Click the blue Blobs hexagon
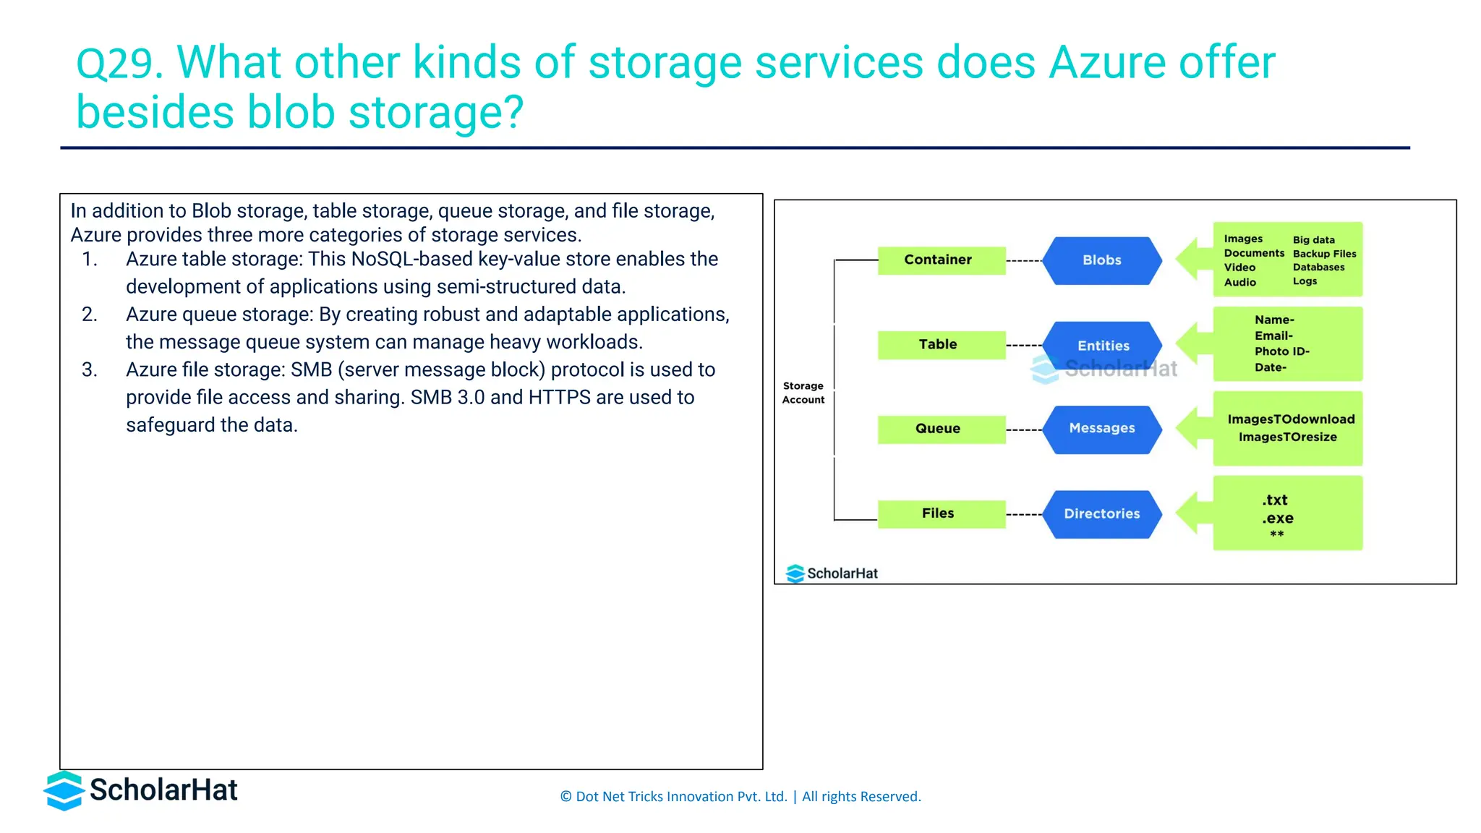coord(1101,260)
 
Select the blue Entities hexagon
coord(1103,345)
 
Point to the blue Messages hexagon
coord(1101,429)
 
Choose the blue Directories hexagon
coord(1101,514)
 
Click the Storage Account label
coord(803,393)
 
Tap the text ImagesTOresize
coord(1287,437)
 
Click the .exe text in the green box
coord(1278,518)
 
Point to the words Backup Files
coord(1324,254)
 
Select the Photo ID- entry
coord(1281,351)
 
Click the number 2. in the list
coord(89,315)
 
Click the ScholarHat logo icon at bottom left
coord(64,790)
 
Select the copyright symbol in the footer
coord(565,797)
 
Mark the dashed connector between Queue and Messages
coord(1023,430)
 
